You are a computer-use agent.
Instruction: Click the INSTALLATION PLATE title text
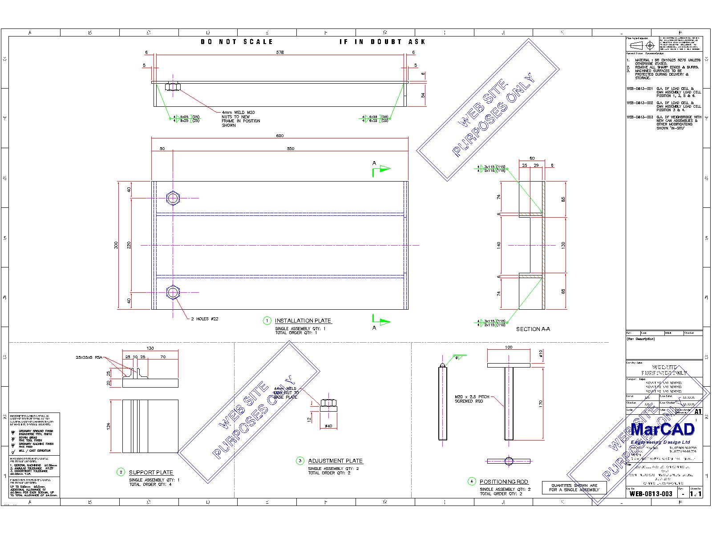click(x=303, y=320)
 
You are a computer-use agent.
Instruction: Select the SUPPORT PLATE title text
click(x=151, y=472)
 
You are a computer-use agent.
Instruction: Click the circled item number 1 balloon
click(x=267, y=320)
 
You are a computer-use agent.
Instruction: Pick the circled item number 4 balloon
click(x=472, y=481)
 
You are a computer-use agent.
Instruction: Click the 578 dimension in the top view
click(x=280, y=52)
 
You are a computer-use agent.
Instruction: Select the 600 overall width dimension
click(x=280, y=136)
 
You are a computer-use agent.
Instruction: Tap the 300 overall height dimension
click(x=116, y=245)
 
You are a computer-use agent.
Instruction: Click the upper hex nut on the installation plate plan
click(x=173, y=198)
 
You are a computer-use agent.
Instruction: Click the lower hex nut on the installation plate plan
click(x=173, y=292)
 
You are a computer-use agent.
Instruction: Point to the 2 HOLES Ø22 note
click(x=205, y=319)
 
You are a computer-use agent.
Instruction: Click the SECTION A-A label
click(x=533, y=329)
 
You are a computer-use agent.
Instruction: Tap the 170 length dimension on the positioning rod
click(x=541, y=404)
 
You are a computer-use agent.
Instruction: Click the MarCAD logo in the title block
click(x=663, y=429)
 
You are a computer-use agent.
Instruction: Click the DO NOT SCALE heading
click(x=237, y=41)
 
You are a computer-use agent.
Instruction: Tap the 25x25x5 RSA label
click(x=89, y=357)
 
